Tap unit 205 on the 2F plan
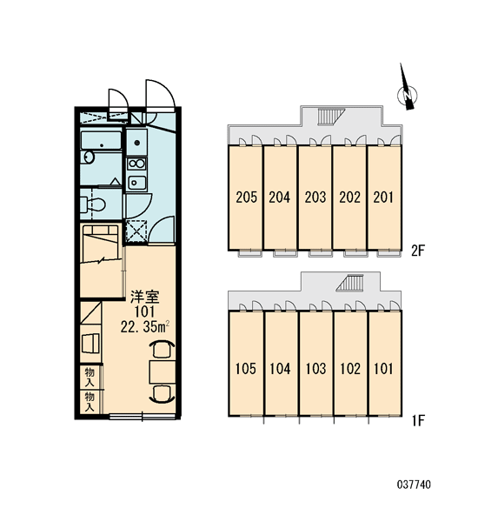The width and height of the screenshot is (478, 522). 245,197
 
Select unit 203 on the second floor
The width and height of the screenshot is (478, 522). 315,197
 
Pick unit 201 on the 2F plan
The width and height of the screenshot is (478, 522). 384,197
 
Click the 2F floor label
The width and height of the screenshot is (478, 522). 418,251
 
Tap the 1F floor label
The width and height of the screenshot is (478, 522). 418,421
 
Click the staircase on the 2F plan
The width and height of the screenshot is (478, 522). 328,117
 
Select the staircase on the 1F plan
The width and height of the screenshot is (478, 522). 349,284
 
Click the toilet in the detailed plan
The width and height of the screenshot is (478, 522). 93,204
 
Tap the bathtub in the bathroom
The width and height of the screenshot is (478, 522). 101,140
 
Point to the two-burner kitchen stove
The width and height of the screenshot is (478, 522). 136,164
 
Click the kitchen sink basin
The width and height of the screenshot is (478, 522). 136,183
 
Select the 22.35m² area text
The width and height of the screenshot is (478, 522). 145,327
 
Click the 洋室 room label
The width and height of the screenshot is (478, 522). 144,297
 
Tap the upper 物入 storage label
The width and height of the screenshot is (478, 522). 90,377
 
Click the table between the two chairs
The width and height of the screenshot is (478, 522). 163,371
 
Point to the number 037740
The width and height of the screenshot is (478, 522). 414,484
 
